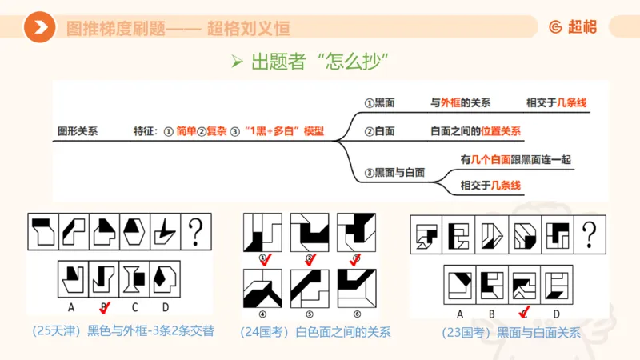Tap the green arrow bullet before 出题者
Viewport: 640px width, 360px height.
tap(236, 62)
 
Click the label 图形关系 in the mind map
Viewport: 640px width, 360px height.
tap(77, 131)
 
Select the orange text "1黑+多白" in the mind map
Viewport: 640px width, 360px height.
tap(268, 131)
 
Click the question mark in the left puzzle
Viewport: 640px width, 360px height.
tap(196, 233)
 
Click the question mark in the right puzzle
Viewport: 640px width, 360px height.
tap(590, 234)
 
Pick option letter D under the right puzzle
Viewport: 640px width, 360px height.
tap(555, 314)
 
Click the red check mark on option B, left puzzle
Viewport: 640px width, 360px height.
tap(104, 307)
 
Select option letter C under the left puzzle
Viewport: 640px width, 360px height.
tap(134, 306)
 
